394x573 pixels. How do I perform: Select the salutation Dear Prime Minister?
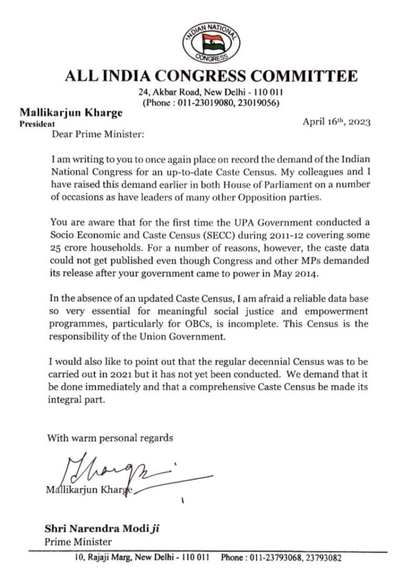pyautogui.click(x=87, y=134)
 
